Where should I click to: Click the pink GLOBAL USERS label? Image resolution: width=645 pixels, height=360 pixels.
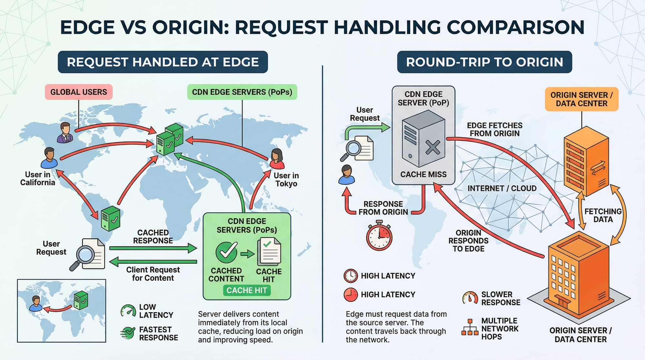(79, 92)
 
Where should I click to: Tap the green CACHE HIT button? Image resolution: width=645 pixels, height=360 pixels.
(247, 290)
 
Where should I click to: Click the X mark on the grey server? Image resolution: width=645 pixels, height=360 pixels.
(432, 148)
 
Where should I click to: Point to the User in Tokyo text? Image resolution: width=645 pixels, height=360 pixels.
(286, 180)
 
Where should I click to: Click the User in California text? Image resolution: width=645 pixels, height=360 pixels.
(38, 178)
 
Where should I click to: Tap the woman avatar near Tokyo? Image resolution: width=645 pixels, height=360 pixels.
(277, 159)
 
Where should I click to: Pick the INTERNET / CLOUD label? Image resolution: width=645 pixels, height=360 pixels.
(502, 188)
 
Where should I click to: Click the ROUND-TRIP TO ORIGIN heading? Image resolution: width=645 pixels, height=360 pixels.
(484, 62)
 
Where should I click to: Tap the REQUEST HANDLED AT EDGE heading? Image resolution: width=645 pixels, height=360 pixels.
(163, 62)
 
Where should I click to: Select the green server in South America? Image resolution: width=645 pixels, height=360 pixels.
(110, 218)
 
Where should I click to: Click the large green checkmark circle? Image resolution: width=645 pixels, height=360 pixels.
(226, 252)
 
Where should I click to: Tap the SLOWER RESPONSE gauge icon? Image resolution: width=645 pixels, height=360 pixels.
(470, 298)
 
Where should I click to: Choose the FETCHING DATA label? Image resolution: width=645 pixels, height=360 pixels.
(603, 215)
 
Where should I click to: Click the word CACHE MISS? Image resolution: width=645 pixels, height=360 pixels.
(423, 175)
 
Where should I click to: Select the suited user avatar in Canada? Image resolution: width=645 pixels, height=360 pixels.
(65, 133)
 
